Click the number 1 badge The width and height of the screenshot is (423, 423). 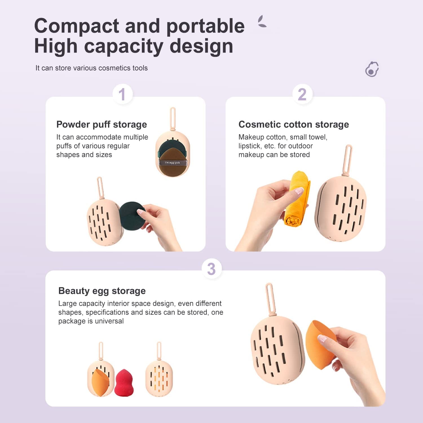[x=122, y=94]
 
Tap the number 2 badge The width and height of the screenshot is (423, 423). [x=302, y=94]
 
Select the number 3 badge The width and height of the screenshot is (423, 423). [x=211, y=269]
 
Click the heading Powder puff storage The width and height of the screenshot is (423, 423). [x=102, y=125]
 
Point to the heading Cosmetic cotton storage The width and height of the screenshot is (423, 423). [x=294, y=124]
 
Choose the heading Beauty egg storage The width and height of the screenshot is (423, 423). [x=102, y=291]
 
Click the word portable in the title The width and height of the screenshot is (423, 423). [x=206, y=26]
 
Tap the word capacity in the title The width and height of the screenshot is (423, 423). [x=124, y=47]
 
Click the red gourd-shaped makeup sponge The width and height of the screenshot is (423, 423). [x=124, y=382]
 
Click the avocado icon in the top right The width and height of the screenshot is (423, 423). [x=372, y=69]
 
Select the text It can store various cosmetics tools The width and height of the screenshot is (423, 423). [x=91, y=68]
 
